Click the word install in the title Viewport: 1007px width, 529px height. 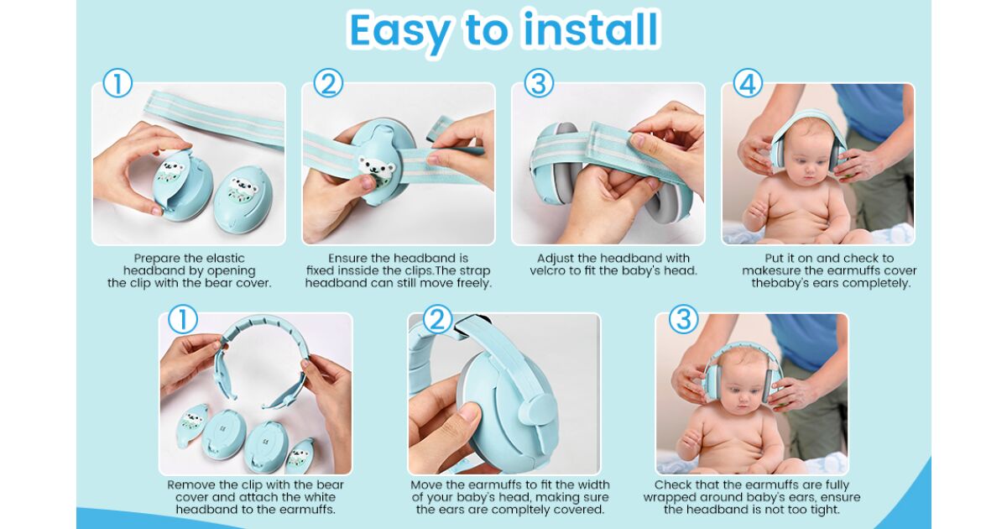[592, 29]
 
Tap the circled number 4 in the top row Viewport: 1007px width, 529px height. [748, 83]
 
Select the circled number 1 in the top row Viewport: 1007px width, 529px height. [117, 83]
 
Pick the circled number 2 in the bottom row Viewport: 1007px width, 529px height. [437, 319]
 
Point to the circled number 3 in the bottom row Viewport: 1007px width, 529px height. [684, 319]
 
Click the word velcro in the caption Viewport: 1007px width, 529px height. [549, 270]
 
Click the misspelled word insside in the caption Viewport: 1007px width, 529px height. [351, 270]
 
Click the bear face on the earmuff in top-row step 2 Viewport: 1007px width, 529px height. [377, 166]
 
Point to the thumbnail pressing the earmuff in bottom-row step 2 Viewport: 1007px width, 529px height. [469, 411]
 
